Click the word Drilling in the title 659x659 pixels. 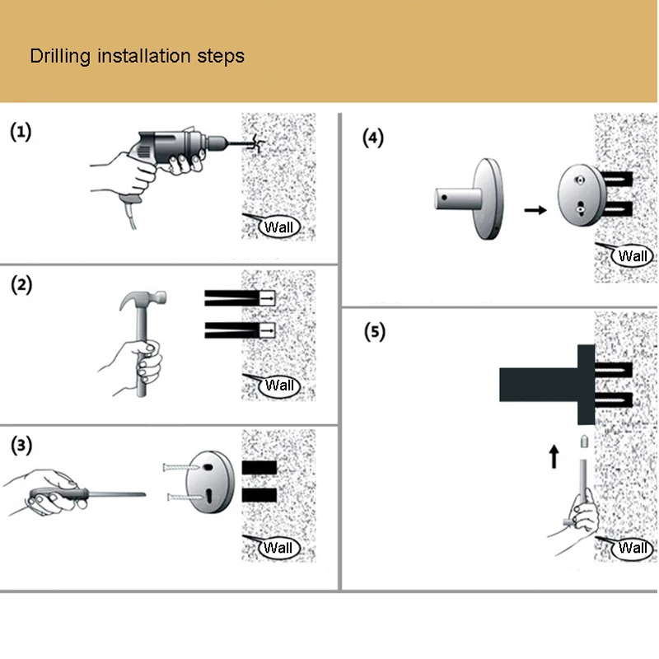61,57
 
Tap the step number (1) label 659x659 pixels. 21,132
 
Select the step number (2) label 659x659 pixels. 21,287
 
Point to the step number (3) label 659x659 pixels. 21,446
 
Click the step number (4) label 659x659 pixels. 373,138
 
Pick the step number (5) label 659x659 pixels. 373,332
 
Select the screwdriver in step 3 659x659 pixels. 82,494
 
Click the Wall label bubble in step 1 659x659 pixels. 279,227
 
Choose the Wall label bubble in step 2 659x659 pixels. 279,385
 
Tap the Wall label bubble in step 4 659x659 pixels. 633,255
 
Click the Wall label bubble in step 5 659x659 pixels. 633,548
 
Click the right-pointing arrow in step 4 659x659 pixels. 535,210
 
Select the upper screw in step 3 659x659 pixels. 180,467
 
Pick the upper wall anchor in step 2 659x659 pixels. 239,297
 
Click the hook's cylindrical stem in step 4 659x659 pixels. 456,199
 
